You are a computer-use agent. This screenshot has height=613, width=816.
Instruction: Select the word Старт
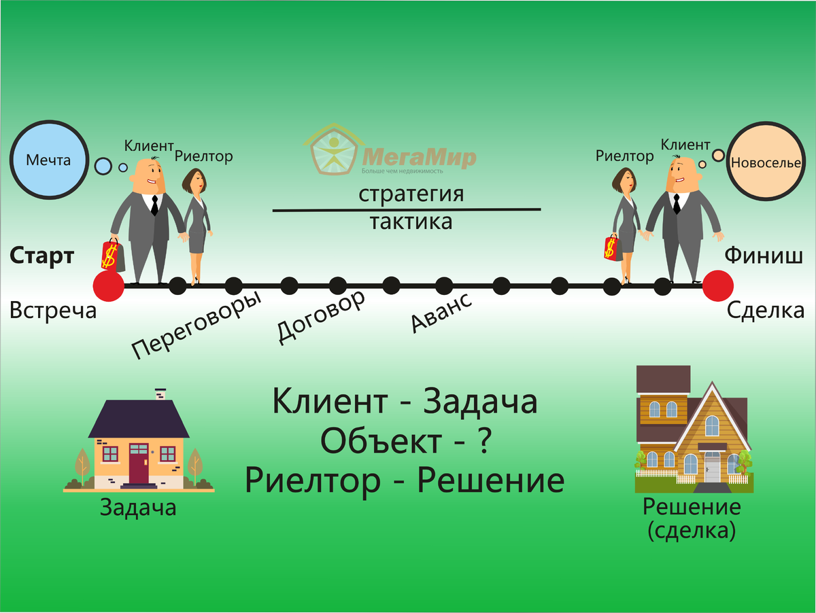tap(41, 257)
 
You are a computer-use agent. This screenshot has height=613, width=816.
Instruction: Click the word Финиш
tap(764, 256)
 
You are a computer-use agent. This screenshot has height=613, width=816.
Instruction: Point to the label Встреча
tap(53, 311)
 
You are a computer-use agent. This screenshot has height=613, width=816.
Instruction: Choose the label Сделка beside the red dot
tap(766, 311)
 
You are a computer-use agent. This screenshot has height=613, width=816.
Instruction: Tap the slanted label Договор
tap(321, 316)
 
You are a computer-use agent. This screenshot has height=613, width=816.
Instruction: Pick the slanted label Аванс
tap(441, 313)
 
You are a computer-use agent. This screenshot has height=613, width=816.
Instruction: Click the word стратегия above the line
tap(411, 194)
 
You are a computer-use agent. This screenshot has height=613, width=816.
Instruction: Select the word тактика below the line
tap(411, 222)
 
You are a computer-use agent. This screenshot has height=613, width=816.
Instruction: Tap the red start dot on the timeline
tap(109, 285)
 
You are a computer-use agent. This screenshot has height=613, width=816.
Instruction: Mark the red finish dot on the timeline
tap(717, 285)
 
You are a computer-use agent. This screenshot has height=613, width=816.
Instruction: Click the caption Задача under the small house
tap(138, 507)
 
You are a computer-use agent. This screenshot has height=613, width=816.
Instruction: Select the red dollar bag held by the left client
tap(111, 254)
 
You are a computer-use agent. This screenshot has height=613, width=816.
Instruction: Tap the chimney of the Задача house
tap(160, 393)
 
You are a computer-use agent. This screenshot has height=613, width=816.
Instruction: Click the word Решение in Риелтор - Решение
tap(490, 481)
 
